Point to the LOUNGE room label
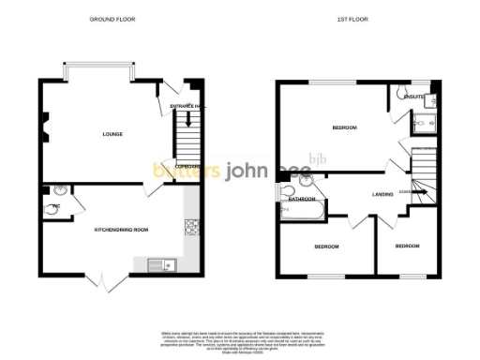point(112,134)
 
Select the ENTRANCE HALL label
point(187,107)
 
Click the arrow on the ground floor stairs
point(188,117)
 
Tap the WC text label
point(55,205)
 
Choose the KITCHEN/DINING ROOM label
point(121,229)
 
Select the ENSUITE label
point(412,97)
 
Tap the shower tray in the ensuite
point(420,122)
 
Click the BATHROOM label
point(302,200)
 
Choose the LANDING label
point(382,194)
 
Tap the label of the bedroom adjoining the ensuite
point(346,127)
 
